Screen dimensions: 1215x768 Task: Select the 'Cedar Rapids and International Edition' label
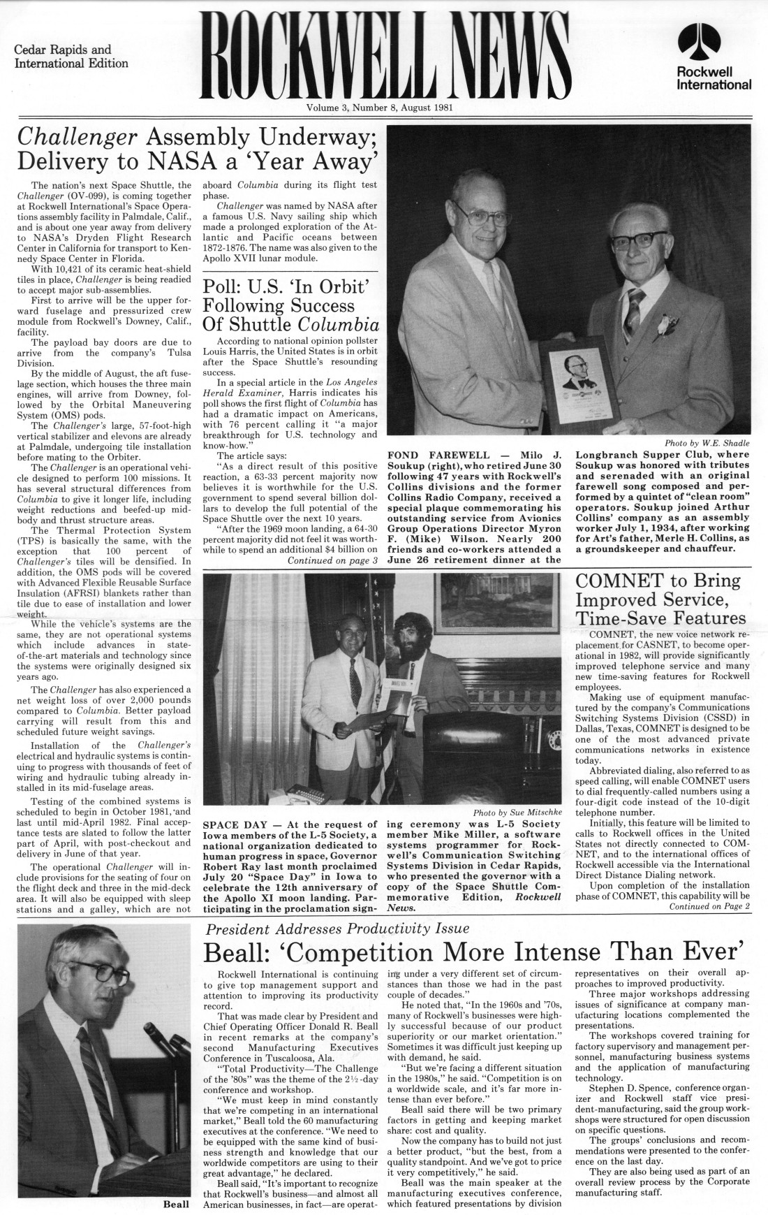click(71, 57)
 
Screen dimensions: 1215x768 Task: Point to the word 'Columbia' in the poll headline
click(339, 326)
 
